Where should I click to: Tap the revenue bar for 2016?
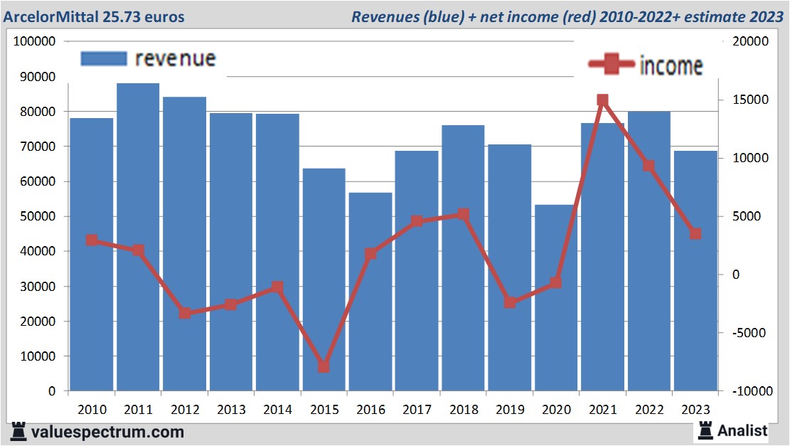pyautogui.click(x=370, y=292)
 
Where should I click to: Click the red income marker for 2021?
pyautogui.click(x=603, y=100)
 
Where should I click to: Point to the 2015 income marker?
pyautogui.click(x=324, y=367)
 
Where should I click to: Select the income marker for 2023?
pyautogui.click(x=695, y=233)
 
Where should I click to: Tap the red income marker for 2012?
pyautogui.click(x=185, y=313)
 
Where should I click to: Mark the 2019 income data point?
pyautogui.click(x=510, y=302)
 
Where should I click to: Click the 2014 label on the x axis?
pyautogui.click(x=277, y=410)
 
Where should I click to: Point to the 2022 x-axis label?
pyautogui.click(x=649, y=410)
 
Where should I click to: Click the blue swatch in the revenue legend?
pyautogui.click(x=104, y=58)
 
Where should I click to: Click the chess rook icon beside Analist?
pyautogui.click(x=705, y=430)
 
